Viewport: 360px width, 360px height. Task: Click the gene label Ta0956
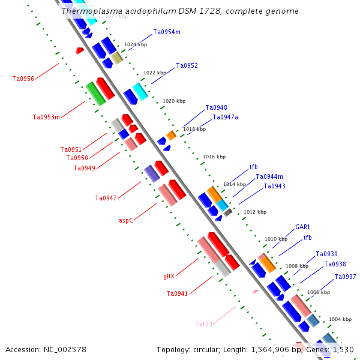[23, 79]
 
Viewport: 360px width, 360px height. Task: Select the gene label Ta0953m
[46, 117]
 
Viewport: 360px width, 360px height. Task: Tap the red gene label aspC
[126, 220]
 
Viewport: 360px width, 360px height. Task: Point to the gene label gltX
[169, 277]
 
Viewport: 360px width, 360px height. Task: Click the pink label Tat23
[204, 324]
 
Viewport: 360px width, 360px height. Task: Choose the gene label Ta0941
[177, 293]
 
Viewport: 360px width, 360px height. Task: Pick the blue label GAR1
[302, 227]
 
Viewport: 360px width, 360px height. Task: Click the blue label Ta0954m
[167, 32]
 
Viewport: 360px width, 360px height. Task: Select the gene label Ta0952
[187, 65]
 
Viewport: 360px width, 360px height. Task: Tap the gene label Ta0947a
[225, 117]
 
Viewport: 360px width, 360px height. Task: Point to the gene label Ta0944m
[269, 176]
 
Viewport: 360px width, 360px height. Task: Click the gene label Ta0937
[345, 277]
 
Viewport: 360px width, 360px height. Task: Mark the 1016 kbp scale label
[214, 157]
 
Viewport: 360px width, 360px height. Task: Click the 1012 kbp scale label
[254, 212]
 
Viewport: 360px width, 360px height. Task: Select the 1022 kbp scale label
[155, 73]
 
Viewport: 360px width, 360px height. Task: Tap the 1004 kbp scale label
[340, 319]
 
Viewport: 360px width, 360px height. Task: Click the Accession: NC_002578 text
[46, 349]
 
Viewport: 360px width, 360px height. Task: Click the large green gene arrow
[95, 94]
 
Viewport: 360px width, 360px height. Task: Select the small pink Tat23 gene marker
[256, 292]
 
